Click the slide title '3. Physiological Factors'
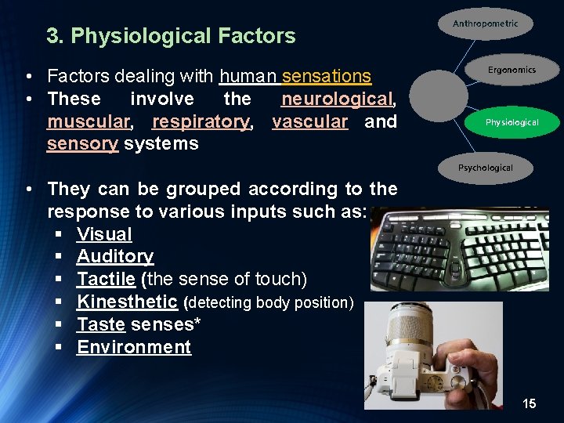171,36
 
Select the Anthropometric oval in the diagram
485,24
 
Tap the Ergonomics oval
512,70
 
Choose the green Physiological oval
512,122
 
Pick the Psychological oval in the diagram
485,168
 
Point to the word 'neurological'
336,99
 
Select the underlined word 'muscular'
87,122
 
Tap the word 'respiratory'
201,122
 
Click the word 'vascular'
309,122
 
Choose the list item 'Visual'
104,234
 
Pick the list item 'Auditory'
115,257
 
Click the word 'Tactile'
106,280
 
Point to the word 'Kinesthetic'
127,302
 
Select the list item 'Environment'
134,348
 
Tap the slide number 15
530,404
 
